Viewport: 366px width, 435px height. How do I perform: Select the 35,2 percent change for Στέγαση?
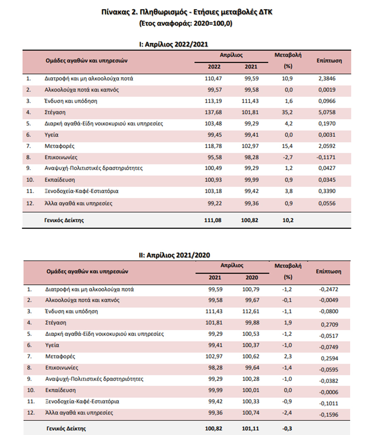pyautogui.click(x=289, y=112)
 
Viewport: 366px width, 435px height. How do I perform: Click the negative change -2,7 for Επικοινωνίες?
pyautogui.click(x=289, y=158)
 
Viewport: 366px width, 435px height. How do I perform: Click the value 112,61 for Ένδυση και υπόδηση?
pyautogui.click(x=250, y=311)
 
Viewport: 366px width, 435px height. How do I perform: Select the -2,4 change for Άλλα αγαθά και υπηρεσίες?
pyautogui.click(x=288, y=413)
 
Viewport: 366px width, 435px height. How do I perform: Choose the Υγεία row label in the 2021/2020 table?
pyautogui.click(x=52, y=345)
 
